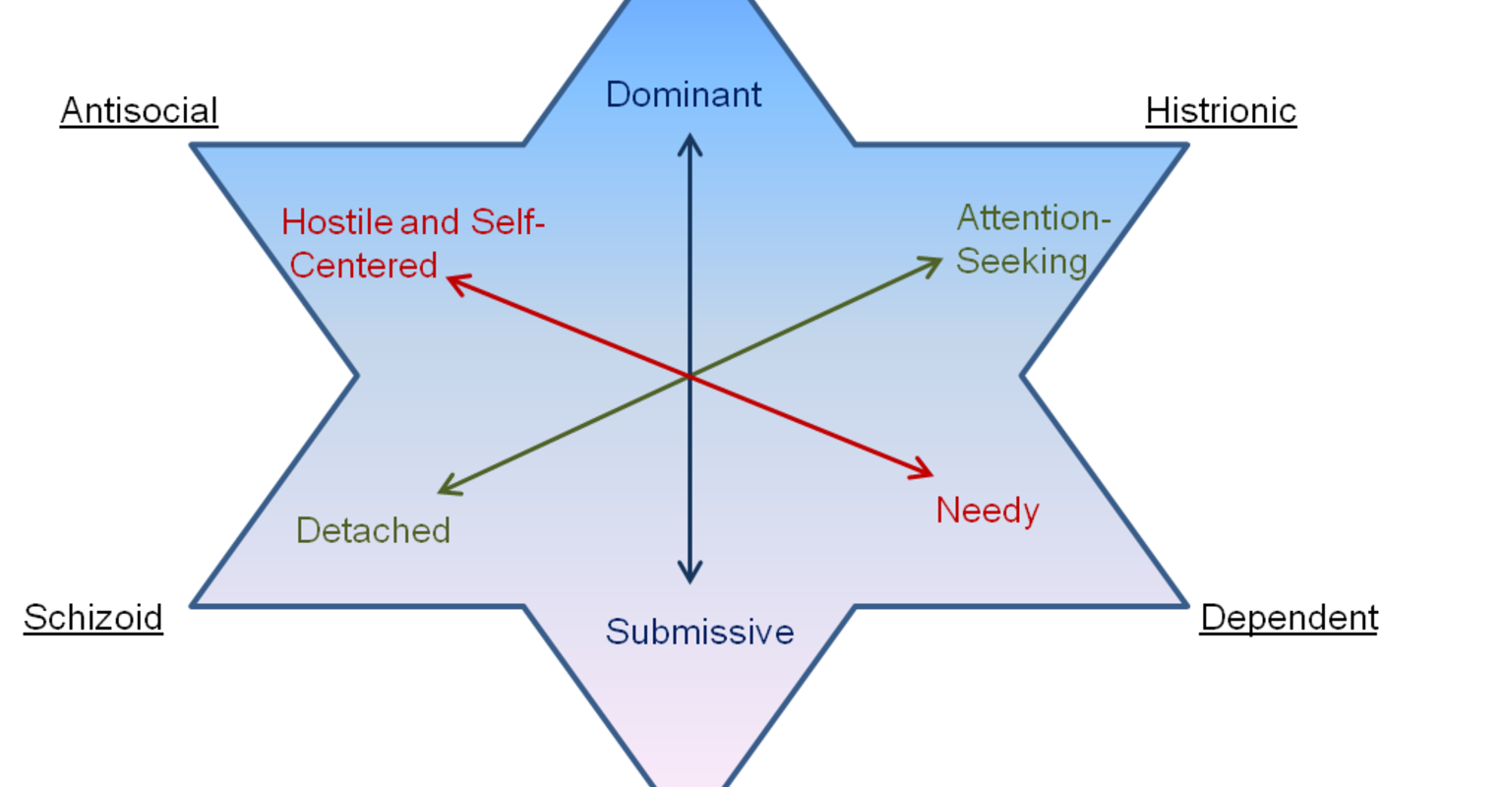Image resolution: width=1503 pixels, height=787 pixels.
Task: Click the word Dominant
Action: (x=684, y=94)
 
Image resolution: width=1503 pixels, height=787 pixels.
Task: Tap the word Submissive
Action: (x=699, y=632)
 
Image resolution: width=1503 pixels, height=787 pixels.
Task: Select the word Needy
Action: (x=987, y=511)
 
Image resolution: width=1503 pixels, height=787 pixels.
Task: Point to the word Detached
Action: (x=373, y=530)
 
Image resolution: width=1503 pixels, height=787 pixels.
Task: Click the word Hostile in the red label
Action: (x=337, y=222)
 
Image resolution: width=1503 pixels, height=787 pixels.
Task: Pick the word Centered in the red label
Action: (x=364, y=266)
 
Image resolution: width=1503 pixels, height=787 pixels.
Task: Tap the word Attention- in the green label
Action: (x=1033, y=217)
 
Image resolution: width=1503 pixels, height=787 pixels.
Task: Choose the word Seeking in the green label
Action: (x=1021, y=262)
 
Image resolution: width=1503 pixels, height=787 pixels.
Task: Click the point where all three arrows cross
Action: (x=690, y=376)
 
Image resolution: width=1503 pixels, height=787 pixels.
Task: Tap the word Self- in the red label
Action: (x=508, y=222)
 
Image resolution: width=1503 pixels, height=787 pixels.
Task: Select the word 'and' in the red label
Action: (x=430, y=222)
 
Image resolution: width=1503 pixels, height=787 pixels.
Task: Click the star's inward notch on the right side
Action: (x=1025, y=375)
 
